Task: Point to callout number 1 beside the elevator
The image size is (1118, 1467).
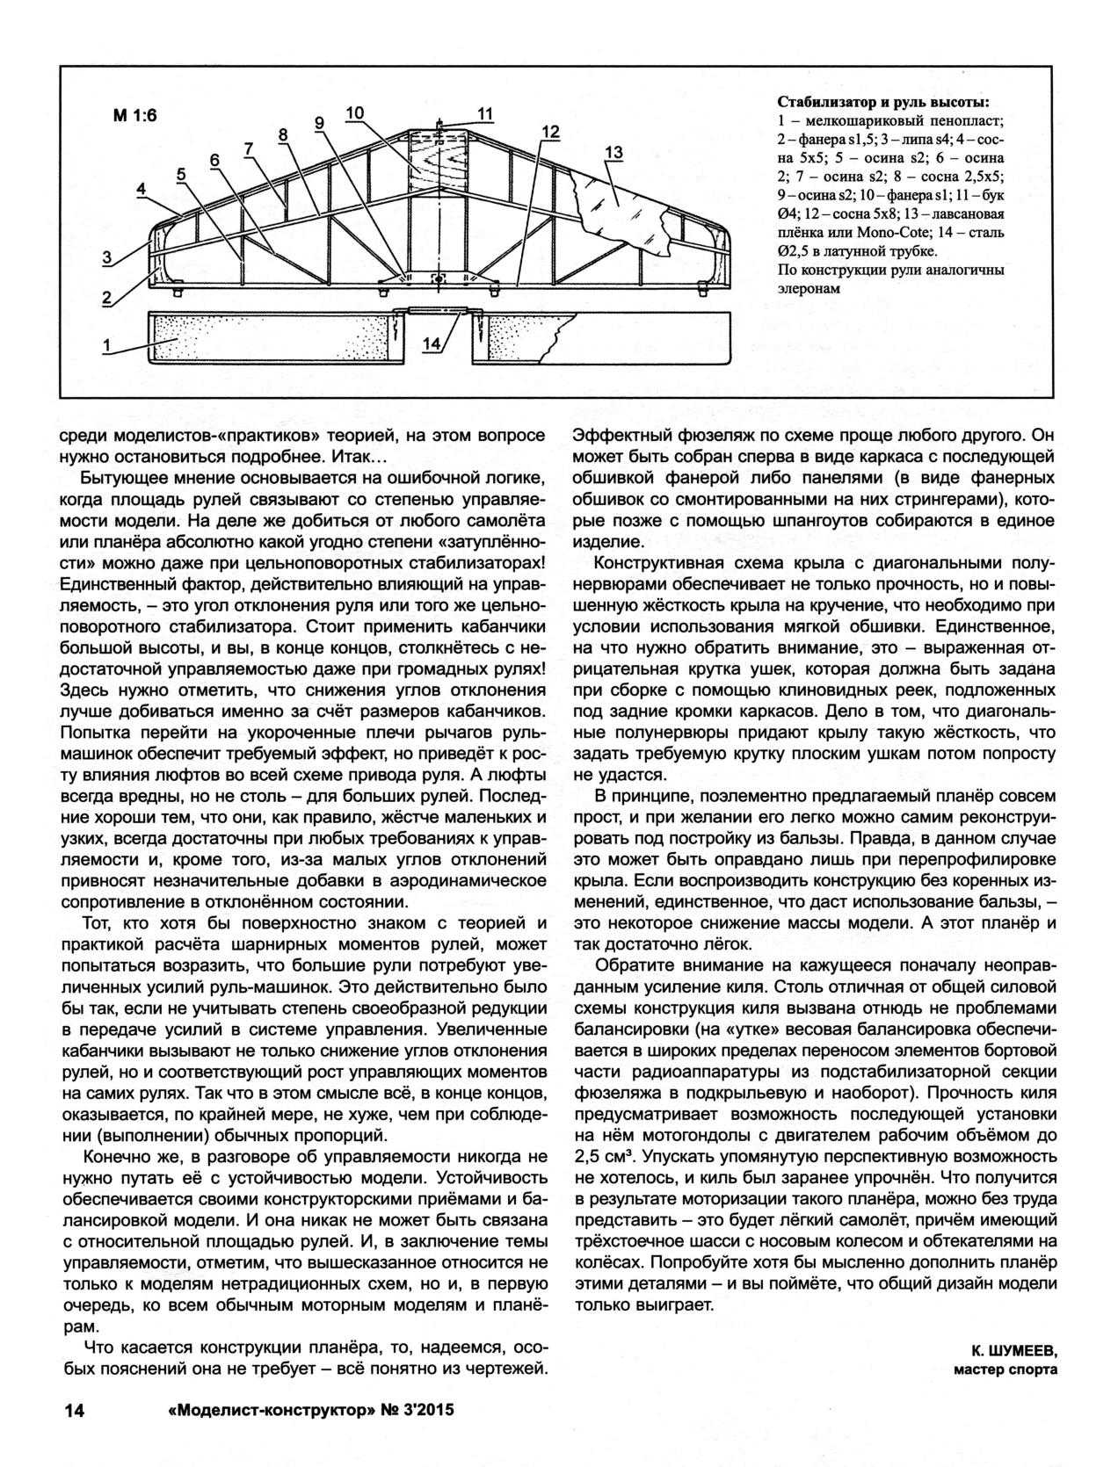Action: [x=106, y=345]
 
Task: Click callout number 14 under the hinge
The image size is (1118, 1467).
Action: [x=431, y=345]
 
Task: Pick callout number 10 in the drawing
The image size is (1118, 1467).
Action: [x=354, y=113]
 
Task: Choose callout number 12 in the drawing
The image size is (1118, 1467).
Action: [x=550, y=132]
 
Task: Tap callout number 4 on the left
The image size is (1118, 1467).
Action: [x=141, y=189]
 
